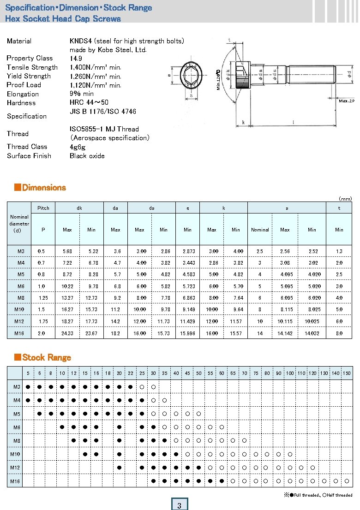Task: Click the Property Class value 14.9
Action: pyautogui.click(x=76, y=59)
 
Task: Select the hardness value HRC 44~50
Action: pyautogui.click(x=89, y=102)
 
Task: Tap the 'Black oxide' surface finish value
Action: pyautogui.click(x=87, y=156)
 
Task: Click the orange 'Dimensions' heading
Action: pyautogui.click(x=44, y=188)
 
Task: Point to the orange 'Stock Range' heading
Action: pyautogui.click(x=46, y=357)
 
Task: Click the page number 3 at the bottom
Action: pyautogui.click(x=179, y=505)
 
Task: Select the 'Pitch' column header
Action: pyautogui.click(x=43, y=208)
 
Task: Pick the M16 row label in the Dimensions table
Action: pyautogui.click(x=19, y=333)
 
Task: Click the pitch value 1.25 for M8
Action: pyautogui.click(x=43, y=298)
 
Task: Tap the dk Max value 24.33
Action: pyautogui.click(x=67, y=333)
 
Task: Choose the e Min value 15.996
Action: pyautogui.click(x=187, y=333)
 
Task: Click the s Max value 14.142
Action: pyautogui.click(x=285, y=333)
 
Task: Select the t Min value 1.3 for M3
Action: pyautogui.click(x=339, y=251)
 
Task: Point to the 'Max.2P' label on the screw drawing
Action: pyautogui.click(x=346, y=101)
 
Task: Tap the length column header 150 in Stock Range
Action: pyautogui.click(x=347, y=373)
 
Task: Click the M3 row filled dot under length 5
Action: pyautogui.click(x=28, y=386)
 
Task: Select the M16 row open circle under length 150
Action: pyautogui.click(x=347, y=481)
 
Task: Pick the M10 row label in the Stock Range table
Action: pyautogui.click(x=15, y=455)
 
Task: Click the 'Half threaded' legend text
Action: pyautogui.click(x=339, y=495)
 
